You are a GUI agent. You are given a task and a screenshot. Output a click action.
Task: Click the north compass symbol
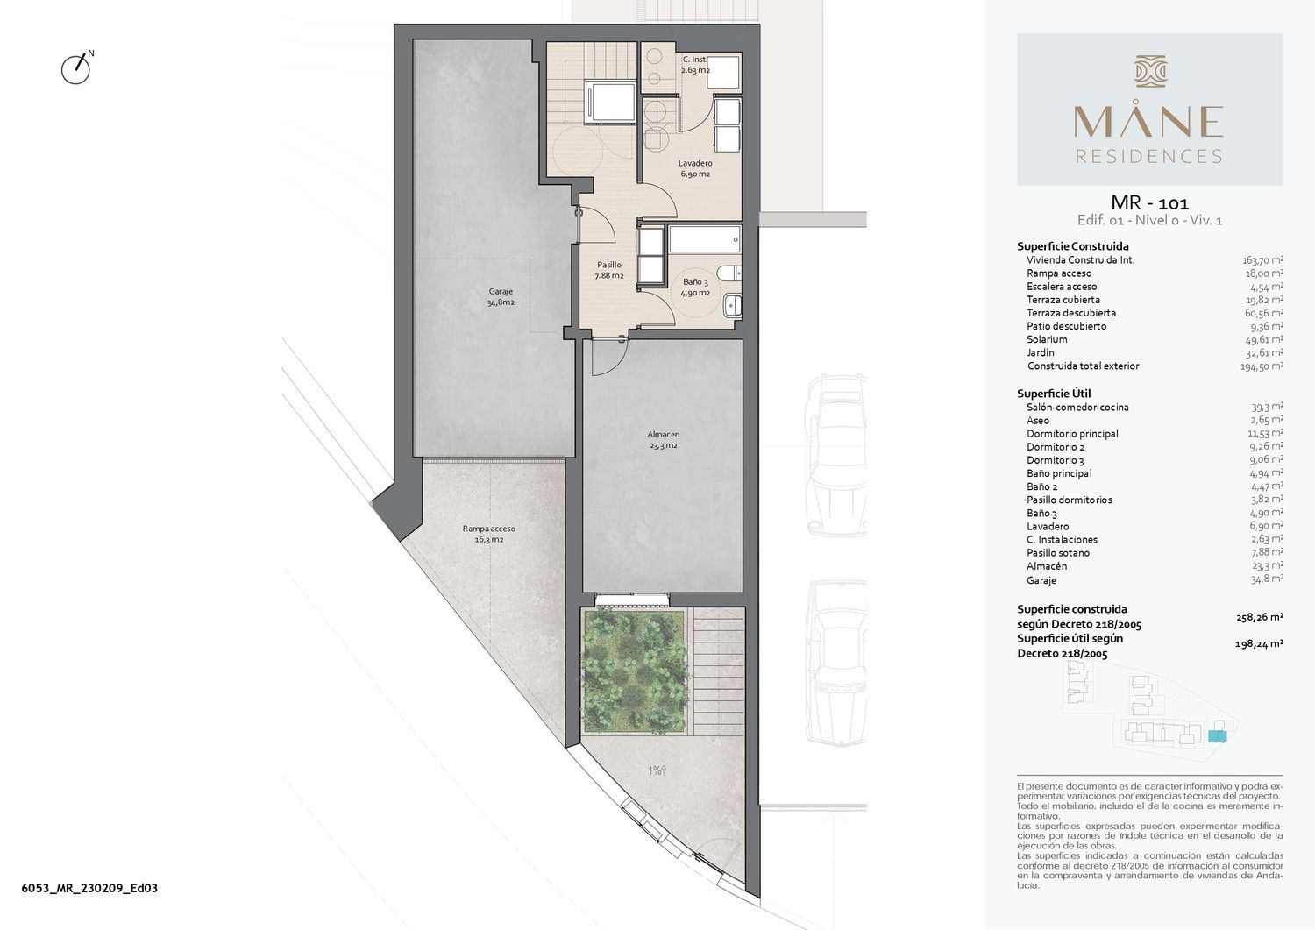click(x=76, y=69)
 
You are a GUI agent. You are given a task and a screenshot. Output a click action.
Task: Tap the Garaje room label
click(x=501, y=297)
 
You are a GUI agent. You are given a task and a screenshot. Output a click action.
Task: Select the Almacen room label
click(x=664, y=440)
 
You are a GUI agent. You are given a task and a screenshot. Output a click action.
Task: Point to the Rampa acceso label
click(x=489, y=534)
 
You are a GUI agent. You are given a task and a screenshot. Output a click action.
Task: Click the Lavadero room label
click(x=695, y=168)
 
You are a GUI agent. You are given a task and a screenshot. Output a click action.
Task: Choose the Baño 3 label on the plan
click(x=696, y=288)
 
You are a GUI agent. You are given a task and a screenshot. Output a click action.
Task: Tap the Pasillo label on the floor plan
click(x=609, y=270)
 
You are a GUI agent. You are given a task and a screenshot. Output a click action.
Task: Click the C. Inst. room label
click(x=696, y=65)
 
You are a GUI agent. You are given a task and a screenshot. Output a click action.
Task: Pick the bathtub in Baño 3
click(x=705, y=239)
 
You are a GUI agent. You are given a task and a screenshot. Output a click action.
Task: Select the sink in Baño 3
click(x=733, y=305)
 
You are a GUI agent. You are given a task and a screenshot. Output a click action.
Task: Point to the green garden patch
click(x=634, y=671)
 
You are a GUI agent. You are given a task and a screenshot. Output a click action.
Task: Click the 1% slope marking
click(x=657, y=770)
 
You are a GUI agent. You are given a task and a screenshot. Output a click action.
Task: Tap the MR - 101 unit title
click(x=1149, y=203)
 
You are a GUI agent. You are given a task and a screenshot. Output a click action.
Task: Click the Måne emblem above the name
click(x=1150, y=72)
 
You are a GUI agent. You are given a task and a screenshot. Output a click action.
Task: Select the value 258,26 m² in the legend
click(x=1259, y=617)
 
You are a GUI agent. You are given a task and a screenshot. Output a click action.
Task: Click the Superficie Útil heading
click(x=1054, y=394)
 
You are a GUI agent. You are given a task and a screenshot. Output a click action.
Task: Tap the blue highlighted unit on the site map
click(x=1218, y=736)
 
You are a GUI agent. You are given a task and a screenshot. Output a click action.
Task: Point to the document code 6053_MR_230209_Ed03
click(x=89, y=888)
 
